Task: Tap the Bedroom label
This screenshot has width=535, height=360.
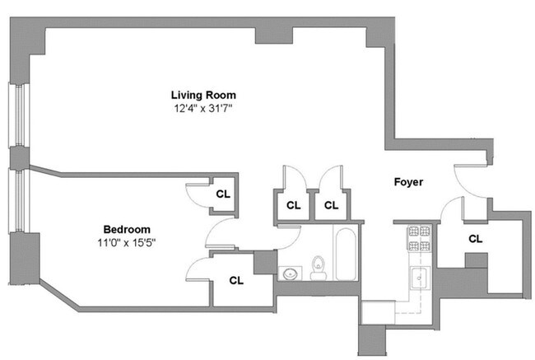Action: coord(126,229)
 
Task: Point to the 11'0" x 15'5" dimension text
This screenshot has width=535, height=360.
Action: coord(126,242)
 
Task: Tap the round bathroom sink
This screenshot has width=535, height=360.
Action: coord(289,274)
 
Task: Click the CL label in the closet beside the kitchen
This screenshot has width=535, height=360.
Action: coord(474,239)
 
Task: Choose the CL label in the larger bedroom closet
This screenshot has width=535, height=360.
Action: coord(236,280)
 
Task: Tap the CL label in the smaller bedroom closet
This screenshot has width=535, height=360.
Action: coord(223,194)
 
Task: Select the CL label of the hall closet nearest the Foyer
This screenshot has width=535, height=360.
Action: coord(331,205)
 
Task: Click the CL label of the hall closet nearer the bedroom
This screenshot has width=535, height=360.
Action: coord(293,205)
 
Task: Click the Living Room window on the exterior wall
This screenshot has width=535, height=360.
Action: coord(16,115)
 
